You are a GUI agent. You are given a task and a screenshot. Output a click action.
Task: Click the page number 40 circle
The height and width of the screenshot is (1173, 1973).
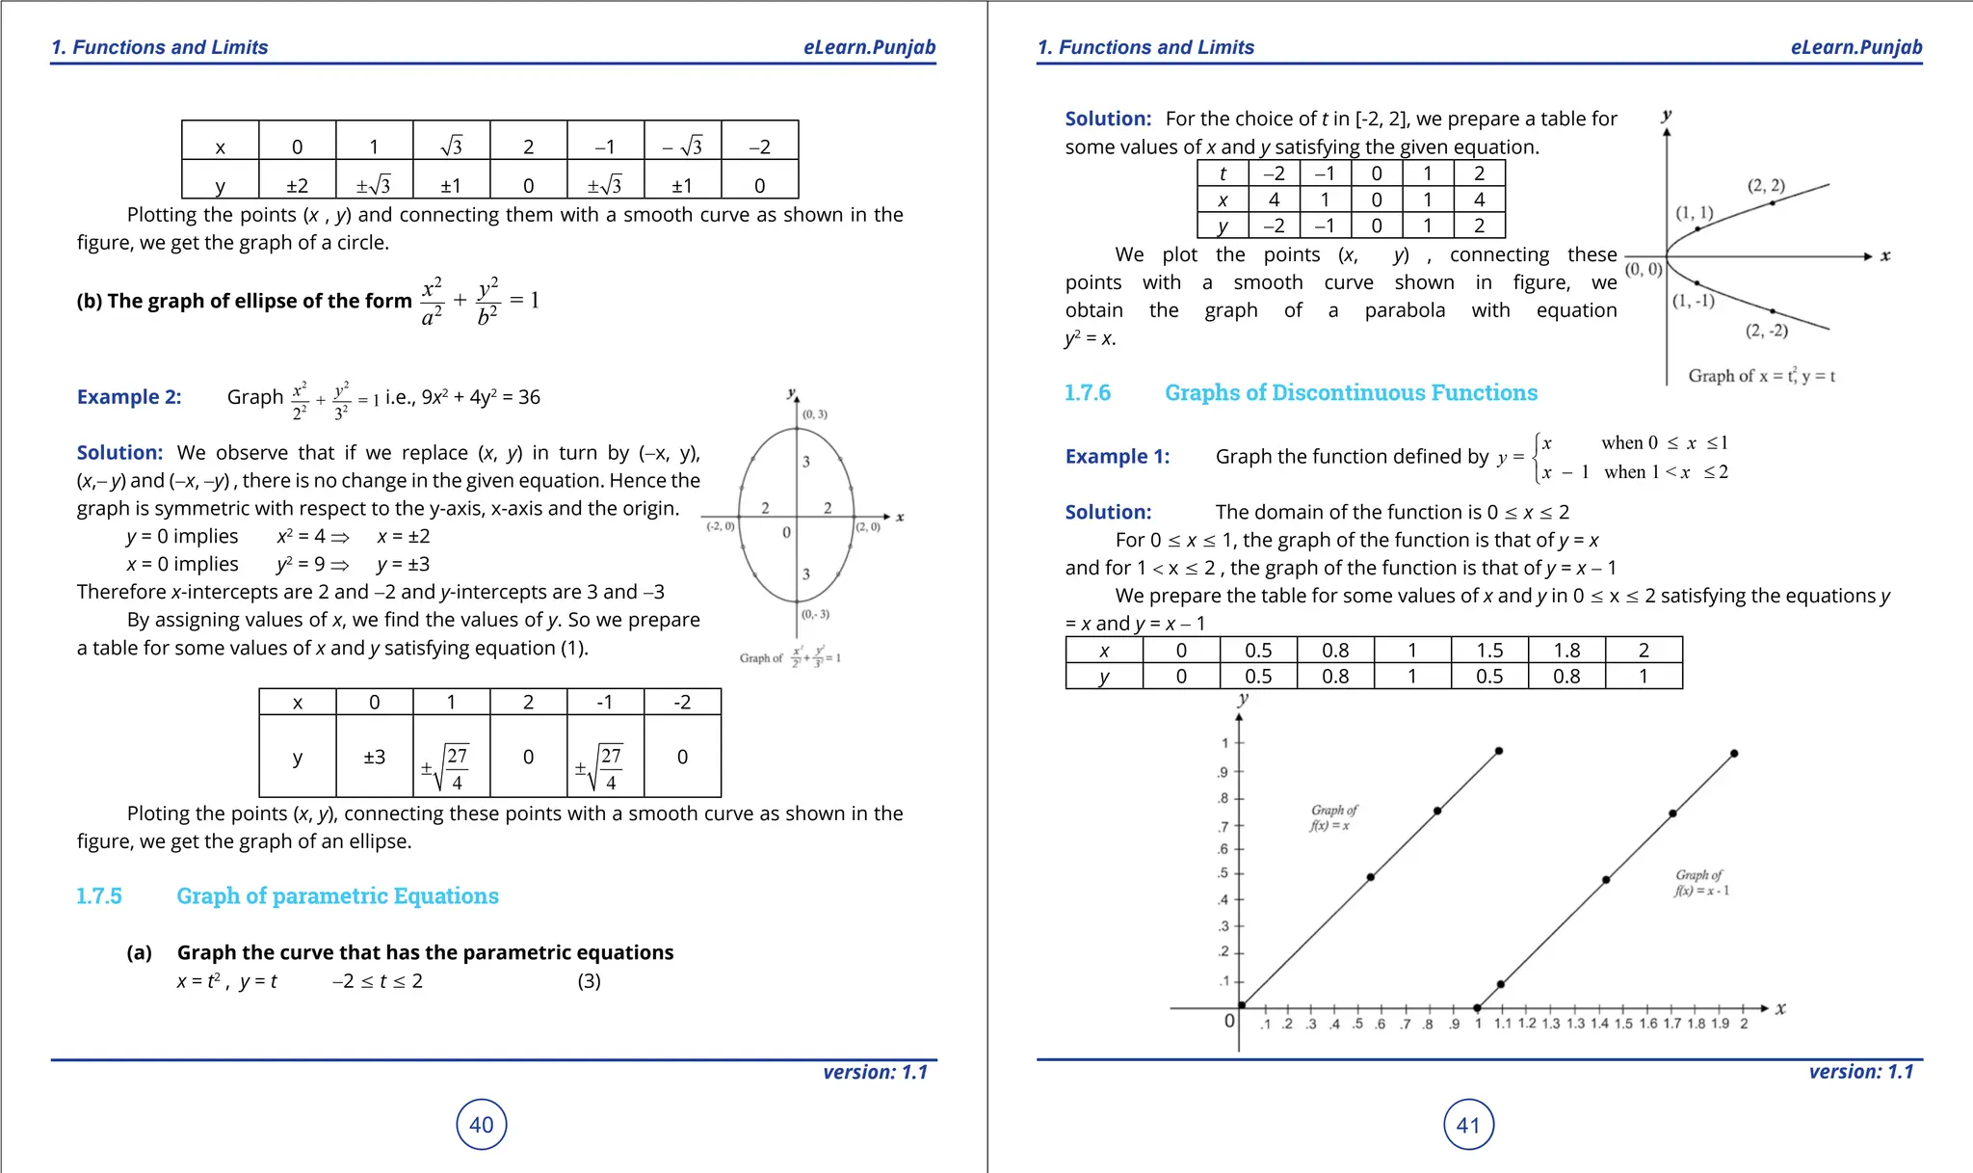tap(481, 1125)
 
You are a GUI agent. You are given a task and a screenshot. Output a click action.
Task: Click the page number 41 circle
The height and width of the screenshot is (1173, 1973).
tap(1468, 1125)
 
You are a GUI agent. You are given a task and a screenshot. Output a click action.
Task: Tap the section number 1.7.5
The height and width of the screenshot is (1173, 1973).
tap(99, 896)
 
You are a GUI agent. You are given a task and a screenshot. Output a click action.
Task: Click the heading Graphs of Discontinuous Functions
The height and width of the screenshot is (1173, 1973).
tap(1351, 393)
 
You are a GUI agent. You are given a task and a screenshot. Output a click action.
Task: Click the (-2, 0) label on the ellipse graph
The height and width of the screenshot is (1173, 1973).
tap(721, 526)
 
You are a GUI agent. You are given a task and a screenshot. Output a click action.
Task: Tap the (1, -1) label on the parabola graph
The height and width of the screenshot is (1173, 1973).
tap(1694, 301)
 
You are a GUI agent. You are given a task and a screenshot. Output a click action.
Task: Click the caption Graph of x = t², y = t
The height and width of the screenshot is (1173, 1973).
tap(1761, 376)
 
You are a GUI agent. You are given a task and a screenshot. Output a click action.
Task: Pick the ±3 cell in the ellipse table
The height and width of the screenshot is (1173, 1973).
tap(374, 757)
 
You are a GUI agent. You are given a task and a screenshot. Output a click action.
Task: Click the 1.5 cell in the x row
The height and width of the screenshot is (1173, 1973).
tap(1489, 651)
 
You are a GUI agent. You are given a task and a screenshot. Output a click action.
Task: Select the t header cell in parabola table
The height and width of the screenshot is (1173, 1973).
tap(1223, 173)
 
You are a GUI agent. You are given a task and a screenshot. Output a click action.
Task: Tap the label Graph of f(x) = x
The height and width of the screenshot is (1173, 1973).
tap(1333, 817)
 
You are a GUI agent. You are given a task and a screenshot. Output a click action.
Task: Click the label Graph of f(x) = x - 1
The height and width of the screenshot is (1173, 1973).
tap(1700, 883)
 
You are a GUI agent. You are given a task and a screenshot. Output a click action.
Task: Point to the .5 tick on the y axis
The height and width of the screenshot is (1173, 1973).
tap(1223, 873)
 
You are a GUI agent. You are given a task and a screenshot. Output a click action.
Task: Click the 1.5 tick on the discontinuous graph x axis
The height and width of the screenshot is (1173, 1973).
tap(1623, 1024)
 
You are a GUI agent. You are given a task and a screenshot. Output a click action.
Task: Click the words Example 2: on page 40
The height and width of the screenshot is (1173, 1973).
tap(129, 397)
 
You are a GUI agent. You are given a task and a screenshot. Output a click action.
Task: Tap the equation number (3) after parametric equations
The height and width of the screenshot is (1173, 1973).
tap(589, 981)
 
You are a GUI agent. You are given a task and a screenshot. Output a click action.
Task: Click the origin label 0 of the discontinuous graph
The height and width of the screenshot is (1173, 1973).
tap(1229, 1021)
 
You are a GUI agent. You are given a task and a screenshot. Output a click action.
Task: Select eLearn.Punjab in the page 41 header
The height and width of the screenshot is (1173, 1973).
tap(1855, 47)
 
